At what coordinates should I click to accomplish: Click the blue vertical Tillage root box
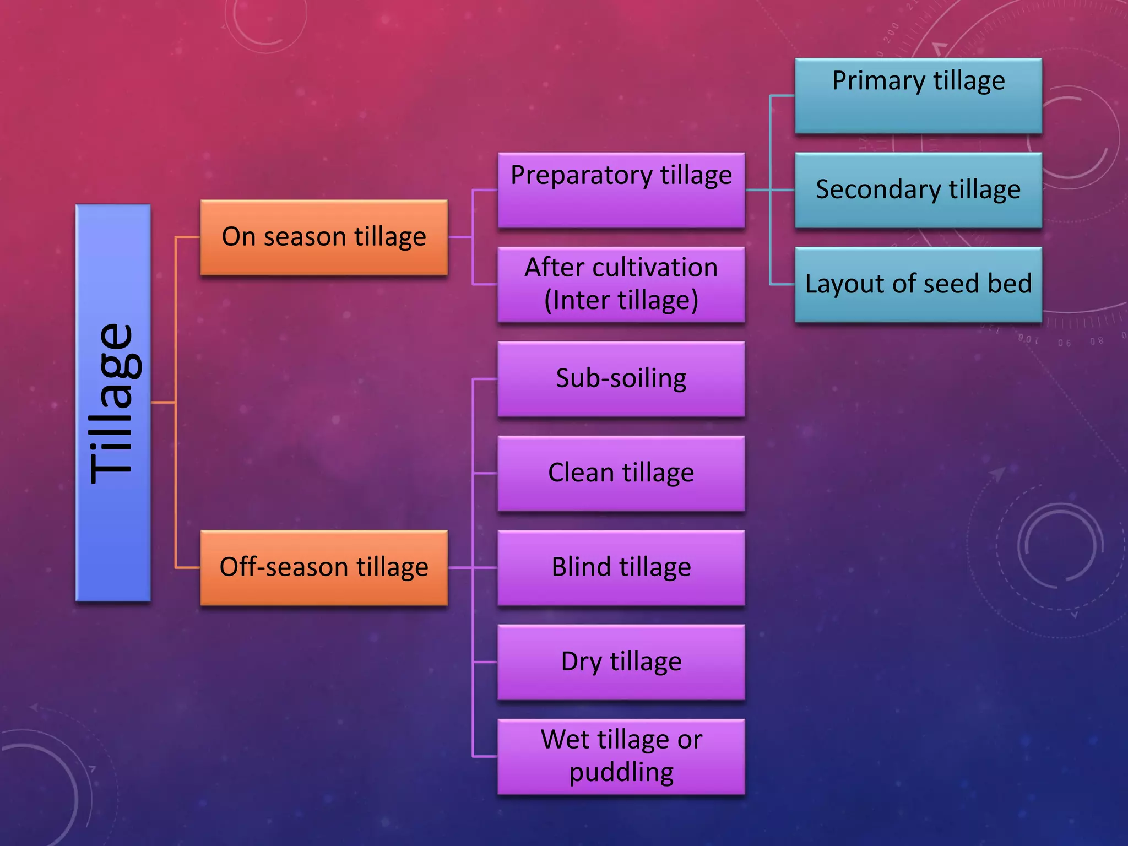tap(113, 403)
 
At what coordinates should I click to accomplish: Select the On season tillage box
tap(324, 237)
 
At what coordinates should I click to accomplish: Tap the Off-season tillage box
tap(324, 568)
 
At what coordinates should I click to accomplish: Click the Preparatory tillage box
tap(621, 190)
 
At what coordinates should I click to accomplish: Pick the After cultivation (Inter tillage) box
tap(621, 284)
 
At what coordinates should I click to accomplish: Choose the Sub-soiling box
tap(621, 379)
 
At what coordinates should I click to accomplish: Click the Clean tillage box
tap(621, 473)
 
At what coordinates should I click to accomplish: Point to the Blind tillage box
tap(621, 568)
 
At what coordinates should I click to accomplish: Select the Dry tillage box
tap(621, 662)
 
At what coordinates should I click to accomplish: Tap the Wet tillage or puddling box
tap(621, 756)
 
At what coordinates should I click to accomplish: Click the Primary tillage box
tap(918, 96)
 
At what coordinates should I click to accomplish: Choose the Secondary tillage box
tap(918, 190)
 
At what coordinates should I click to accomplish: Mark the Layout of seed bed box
tap(918, 284)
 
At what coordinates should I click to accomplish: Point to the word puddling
tap(621, 773)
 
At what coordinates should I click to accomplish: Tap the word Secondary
tap(878, 190)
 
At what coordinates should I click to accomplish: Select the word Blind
tap(581, 567)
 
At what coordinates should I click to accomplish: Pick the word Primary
tap(878, 82)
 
